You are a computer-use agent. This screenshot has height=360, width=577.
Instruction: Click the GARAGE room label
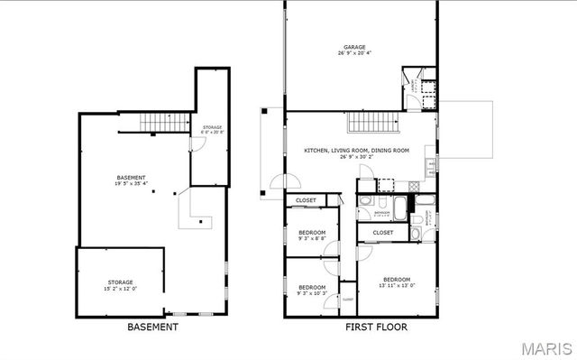point(353,47)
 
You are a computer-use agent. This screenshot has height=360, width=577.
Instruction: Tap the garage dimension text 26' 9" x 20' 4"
point(353,54)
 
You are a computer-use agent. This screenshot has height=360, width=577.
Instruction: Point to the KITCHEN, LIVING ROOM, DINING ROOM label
point(356,150)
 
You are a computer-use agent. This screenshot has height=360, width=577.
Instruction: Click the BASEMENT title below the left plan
point(152,327)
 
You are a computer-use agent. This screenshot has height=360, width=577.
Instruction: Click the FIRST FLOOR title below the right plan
point(376,327)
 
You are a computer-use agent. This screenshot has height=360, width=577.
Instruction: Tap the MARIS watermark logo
point(544,348)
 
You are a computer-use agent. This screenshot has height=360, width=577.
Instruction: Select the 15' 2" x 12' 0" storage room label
point(121,290)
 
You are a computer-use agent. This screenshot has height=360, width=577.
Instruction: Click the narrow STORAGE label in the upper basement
point(212,127)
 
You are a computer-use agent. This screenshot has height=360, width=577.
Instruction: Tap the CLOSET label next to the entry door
point(307,200)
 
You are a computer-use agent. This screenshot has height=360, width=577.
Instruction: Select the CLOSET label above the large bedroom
point(382,233)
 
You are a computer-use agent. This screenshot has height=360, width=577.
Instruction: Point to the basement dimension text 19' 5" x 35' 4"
point(131,184)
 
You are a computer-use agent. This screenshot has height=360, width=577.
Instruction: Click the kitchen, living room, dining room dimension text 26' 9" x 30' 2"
point(356,157)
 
